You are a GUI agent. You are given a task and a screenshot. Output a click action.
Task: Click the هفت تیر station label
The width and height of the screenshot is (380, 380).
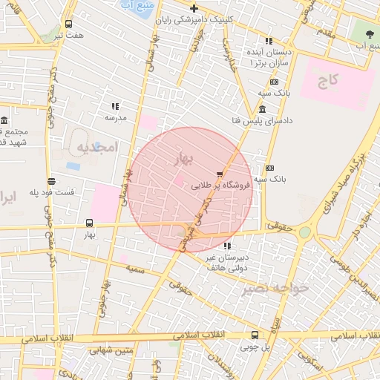pyautogui.click(x=73, y=34)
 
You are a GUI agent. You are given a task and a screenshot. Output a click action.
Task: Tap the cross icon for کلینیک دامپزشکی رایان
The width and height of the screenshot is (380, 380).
pyautogui.click(x=194, y=8)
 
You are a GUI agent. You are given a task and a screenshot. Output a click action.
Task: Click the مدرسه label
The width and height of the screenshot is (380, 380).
pyautogui.click(x=116, y=117)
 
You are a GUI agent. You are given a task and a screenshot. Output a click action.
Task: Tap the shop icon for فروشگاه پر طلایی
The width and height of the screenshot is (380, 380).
pyautogui.click(x=218, y=174)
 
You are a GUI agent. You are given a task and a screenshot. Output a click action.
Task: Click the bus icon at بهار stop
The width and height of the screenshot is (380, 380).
pyautogui.click(x=90, y=223)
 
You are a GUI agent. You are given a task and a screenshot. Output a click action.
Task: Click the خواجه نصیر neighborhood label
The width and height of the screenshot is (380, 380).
pyautogui.click(x=279, y=287)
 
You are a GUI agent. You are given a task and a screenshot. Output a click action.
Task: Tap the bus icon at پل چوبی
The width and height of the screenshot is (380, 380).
pyautogui.click(x=255, y=335)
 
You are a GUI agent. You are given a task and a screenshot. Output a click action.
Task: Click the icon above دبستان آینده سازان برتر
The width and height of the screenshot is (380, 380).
pyautogui.click(x=269, y=42)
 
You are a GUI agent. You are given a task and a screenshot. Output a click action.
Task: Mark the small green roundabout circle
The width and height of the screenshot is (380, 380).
pyautogui.click(x=305, y=232)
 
